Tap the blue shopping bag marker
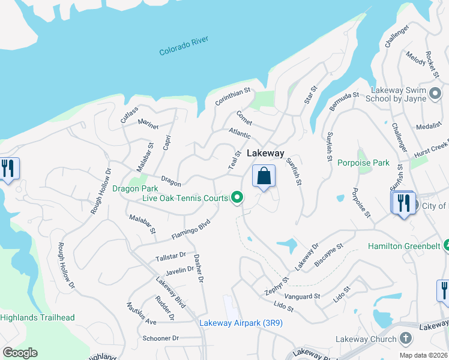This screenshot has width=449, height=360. coord(264,176)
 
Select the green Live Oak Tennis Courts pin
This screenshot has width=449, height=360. coord(238,197)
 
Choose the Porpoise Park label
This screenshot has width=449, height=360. coord(363,163)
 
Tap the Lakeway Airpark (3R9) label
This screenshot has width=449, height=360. coord(241,323)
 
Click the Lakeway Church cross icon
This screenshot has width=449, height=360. coord(405,339)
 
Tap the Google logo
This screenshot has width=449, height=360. coord(20,353)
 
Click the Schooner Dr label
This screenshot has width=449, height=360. coord(161,338)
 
